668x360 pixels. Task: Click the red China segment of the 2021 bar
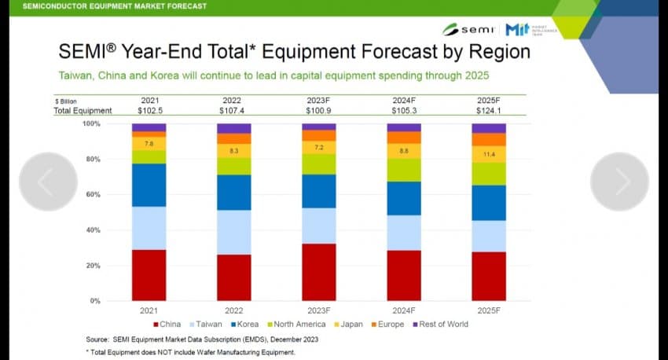point(149,275)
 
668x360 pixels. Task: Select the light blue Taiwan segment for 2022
point(233,232)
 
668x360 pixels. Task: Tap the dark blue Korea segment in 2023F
point(318,191)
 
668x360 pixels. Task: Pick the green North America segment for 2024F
point(403,170)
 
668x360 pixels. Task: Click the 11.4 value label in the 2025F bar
point(488,155)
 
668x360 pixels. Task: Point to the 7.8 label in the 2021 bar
point(149,143)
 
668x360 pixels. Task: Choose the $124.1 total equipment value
point(488,111)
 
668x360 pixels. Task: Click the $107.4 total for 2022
point(233,111)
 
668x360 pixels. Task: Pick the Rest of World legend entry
point(442,324)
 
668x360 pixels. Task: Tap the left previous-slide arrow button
point(47,182)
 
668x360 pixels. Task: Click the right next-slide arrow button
point(619,182)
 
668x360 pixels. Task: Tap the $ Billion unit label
point(67,101)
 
